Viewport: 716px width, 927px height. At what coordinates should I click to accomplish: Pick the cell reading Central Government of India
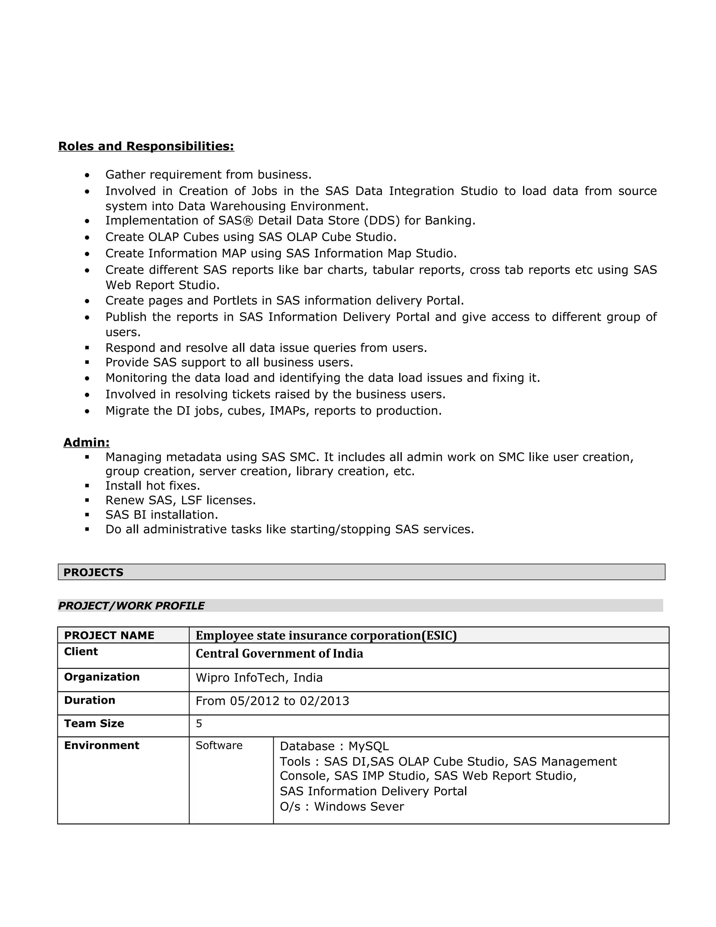[x=279, y=654]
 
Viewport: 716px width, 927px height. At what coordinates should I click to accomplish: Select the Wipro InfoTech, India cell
[x=259, y=678]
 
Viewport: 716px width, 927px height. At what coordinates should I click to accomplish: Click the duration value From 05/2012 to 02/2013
[x=272, y=701]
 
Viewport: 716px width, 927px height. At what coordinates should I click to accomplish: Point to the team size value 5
[x=199, y=724]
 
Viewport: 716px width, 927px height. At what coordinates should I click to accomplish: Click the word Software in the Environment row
[x=219, y=745]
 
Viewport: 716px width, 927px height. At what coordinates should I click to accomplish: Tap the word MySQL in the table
[x=368, y=746]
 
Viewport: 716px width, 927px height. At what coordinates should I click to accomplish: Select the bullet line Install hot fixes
[x=153, y=486]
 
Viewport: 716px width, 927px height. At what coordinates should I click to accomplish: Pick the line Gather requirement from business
[x=208, y=175]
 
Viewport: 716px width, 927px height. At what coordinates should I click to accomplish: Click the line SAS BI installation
[x=162, y=515]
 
